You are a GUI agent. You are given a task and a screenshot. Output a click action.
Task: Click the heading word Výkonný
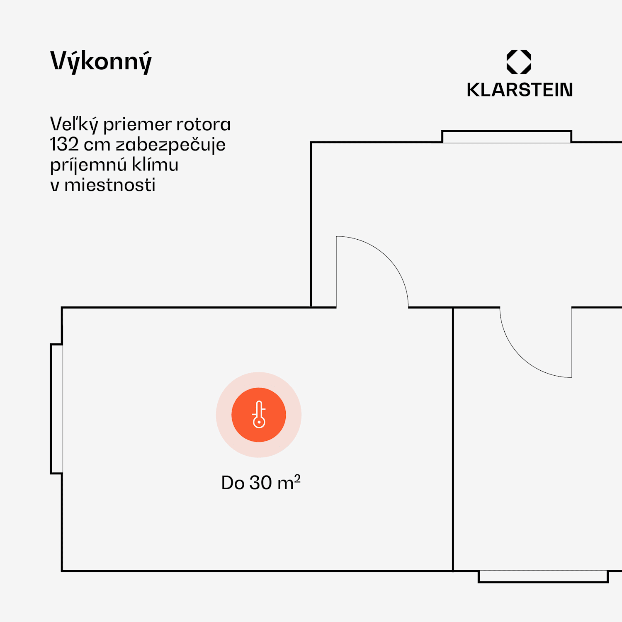tap(101, 61)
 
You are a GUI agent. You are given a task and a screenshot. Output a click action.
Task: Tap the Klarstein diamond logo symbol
tap(519, 62)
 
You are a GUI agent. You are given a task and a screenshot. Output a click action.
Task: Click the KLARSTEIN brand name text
tap(520, 90)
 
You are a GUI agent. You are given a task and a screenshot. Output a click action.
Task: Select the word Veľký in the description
tap(74, 124)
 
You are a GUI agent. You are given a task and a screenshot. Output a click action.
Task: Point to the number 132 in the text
tap(64, 144)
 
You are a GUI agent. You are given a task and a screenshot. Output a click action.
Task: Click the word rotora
tap(203, 124)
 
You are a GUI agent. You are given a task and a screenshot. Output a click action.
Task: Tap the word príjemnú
tap(88, 165)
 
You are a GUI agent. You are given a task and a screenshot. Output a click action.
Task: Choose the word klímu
tap(155, 165)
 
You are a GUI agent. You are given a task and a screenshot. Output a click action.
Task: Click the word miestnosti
tap(110, 185)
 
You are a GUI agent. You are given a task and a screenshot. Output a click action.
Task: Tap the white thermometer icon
tap(259, 414)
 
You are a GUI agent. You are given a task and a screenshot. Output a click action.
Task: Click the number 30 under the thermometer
tap(260, 483)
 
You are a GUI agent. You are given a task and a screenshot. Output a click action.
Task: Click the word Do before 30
tap(232, 483)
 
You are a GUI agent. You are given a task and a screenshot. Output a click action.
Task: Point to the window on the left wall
tap(57, 408)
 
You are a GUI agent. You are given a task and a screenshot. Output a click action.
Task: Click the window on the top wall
tap(506, 137)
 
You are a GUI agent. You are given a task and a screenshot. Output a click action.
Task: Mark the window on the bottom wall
tap(543, 576)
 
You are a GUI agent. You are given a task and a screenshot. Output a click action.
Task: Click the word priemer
tap(137, 124)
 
